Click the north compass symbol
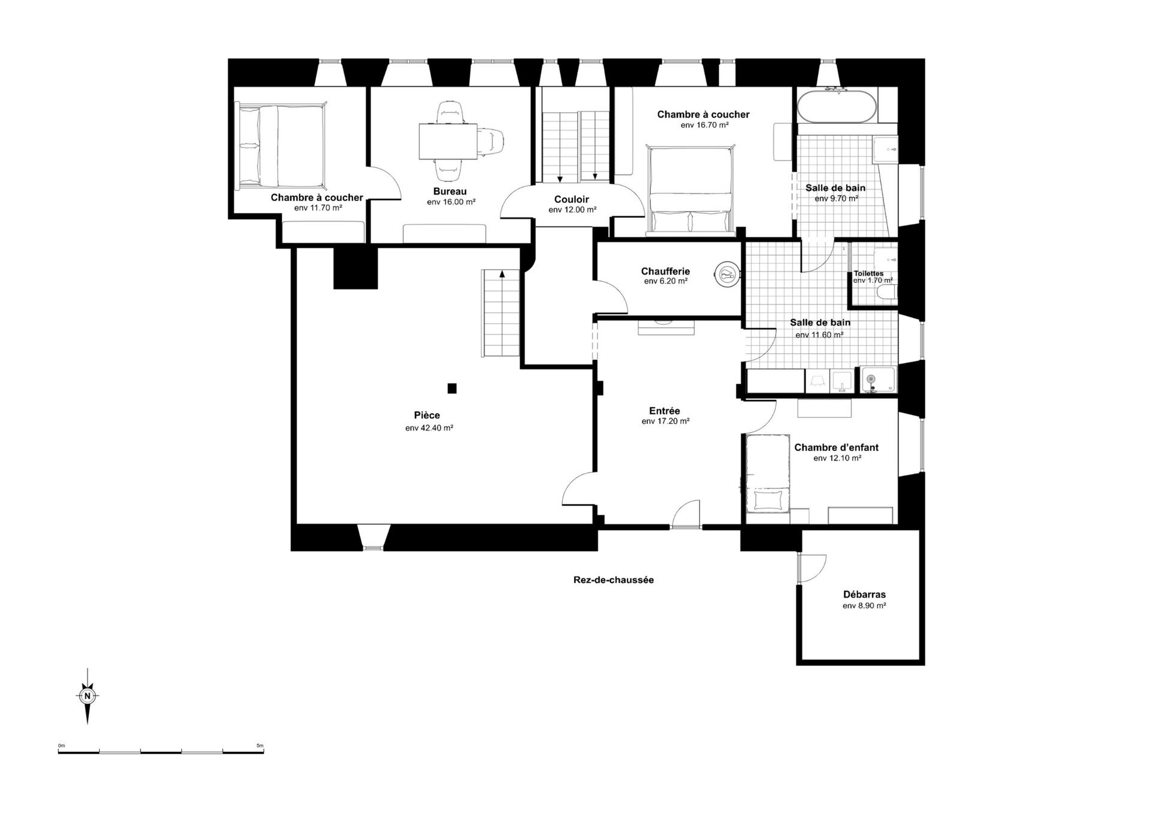(88, 696)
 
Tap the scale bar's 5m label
(259, 745)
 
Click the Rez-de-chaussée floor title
(613, 580)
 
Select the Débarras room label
(864, 595)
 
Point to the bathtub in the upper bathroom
(836, 106)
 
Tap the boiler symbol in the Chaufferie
(727, 274)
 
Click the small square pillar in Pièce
(452, 389)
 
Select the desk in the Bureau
(448, 141)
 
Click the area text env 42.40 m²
(429, 428)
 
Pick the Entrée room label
(664, 411)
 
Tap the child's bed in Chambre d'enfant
(767, 474)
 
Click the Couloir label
(571, 199)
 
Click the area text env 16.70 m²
(704, 125)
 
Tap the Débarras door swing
(812, 567)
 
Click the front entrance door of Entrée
(686, 515)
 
